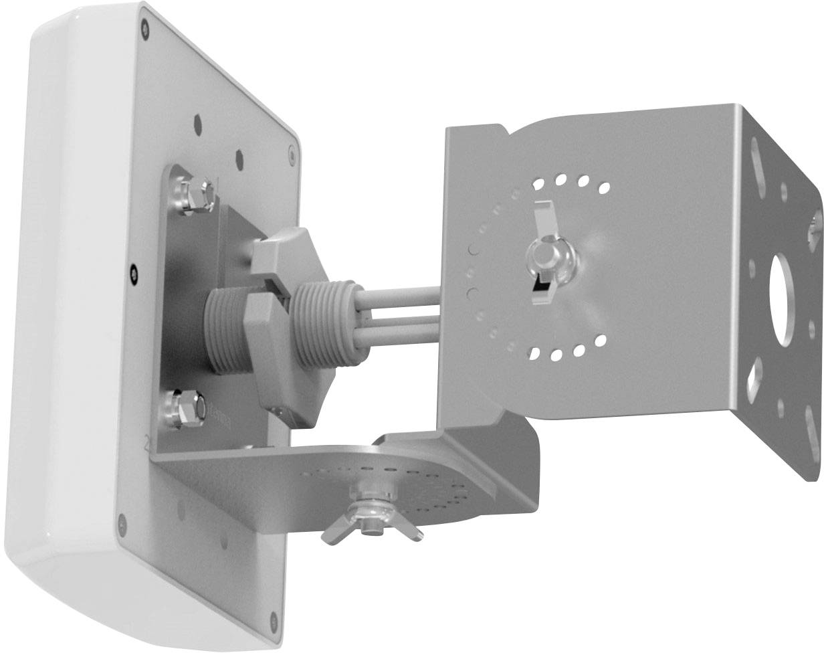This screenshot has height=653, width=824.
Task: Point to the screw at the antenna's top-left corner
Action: (145, 28)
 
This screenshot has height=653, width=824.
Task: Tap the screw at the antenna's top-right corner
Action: (292, 155)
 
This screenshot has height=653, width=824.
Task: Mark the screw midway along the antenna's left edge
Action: (134, 272)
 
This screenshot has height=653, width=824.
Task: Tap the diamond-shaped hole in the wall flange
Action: (756, 375)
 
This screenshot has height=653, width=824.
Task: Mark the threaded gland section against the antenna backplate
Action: (224, 328)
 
